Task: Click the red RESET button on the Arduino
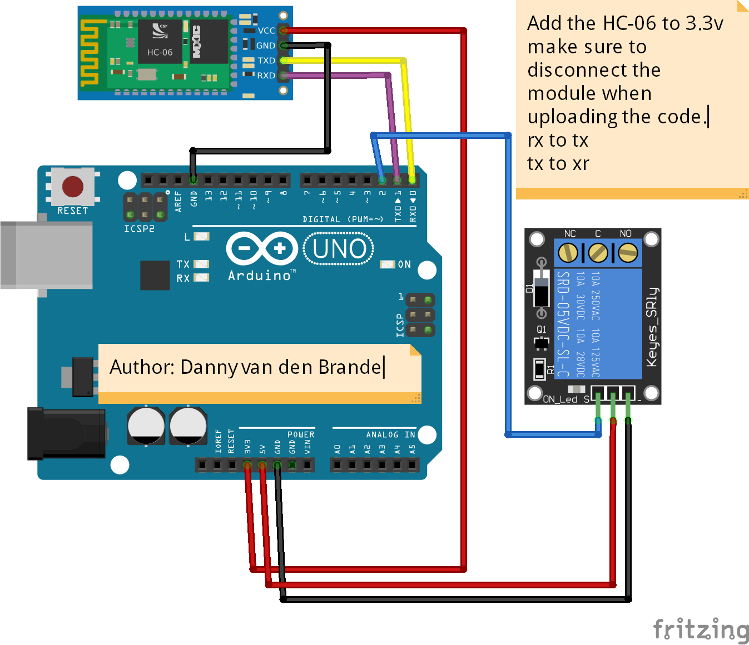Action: [x=72, y=187]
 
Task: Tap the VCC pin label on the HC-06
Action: [x=266, y=31]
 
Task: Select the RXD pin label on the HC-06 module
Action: [x=266, y=76]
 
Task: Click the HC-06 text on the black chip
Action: [x=160, y=52]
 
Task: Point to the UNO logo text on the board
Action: [x=339, y=249]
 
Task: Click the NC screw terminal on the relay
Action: [x=568, y=253]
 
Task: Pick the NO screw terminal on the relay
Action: [x=627, y=253]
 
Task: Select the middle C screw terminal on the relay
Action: [x=598, y=253]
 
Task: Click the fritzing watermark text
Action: [x=701, y=630]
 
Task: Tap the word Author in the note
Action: [x=142, y=367]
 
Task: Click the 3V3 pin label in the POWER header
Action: [x=248, y=447]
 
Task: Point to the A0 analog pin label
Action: [x=337, y=449]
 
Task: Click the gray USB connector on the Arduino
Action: [x=47, y=255]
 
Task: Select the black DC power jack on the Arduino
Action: [x=66, y=433]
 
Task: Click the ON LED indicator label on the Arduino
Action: [x=404, y=264]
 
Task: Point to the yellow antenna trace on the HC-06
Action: [x=90, y=53]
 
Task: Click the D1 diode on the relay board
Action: [x=541, y=288]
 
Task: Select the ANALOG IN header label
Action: [x=390, y=434]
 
